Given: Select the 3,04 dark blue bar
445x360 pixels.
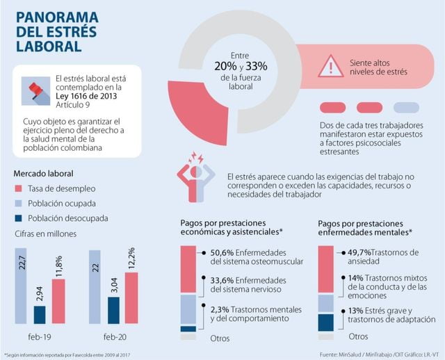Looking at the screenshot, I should pos(113,311).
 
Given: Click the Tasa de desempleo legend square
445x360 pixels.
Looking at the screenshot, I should pos(19,189).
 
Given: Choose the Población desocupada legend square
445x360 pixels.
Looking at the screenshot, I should pos(19,218).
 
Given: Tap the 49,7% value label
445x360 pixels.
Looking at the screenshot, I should pos(360,252).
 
